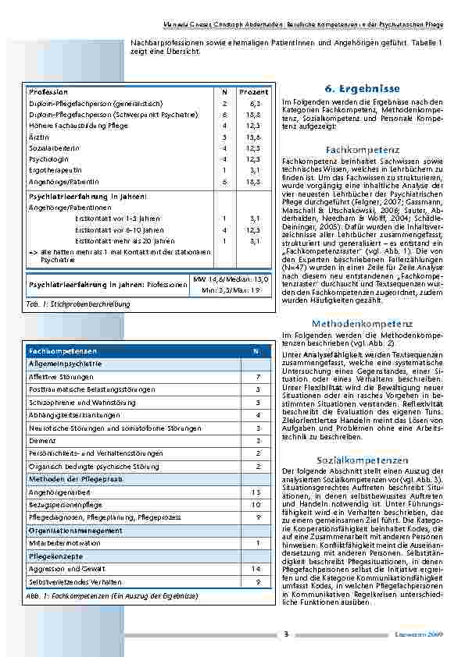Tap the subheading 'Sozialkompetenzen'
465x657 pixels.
point(351,460)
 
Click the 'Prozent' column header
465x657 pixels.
point(253,92)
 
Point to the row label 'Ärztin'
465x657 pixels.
point(38,136)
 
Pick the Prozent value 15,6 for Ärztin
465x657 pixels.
point(255,136)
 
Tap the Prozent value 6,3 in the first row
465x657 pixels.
point(255,103)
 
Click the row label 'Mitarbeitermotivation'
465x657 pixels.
point(64,542)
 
